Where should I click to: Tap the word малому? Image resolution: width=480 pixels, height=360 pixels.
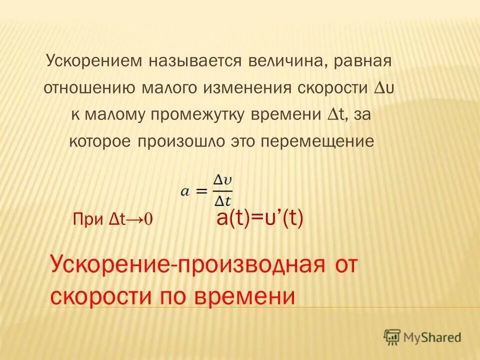tap(112, 115)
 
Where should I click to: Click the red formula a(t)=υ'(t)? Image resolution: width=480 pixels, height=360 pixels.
tap(260, 218)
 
